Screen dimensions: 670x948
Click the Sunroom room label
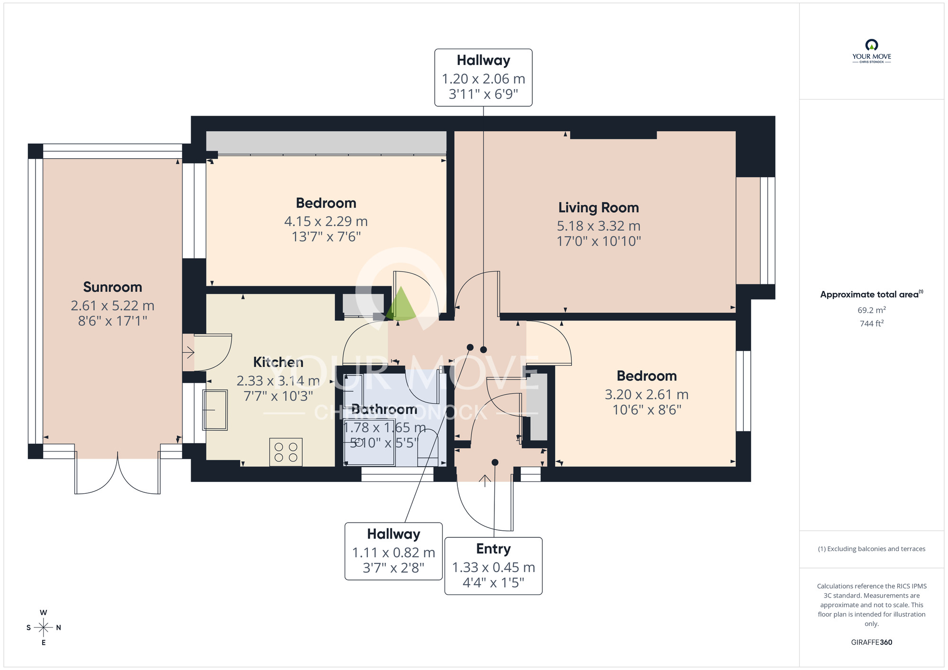pyautogui.click(x=112, y=287)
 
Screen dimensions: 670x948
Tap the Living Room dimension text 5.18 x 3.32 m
pyautogui.click(x=598, y=226)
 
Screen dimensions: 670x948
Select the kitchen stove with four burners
pyautogui.click(x=286, y=452)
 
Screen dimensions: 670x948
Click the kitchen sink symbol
pyautogui.click(x=215, y=409)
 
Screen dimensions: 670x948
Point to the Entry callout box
pyautogui.click(x=493, y=565)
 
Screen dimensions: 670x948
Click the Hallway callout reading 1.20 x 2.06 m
pyautogui.click(x=483, y=77)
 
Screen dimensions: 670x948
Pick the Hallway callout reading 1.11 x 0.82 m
pyautogui.click(x=393, y=551)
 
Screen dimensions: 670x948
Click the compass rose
pyautogui.click(x=44, y=627)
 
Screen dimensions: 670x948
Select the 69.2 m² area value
pyautogui.click(x=871, y=310)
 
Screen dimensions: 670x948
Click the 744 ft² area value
pyautogui.click(x=871, y=324)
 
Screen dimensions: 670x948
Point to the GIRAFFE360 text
pyautogui.click(x=871, y=642)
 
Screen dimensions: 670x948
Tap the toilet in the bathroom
pyautogui.click(x=428, y=448)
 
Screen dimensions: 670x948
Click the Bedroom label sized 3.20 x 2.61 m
pyautogui.click(x=647, y=376)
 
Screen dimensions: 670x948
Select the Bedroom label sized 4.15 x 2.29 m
pyautogui.click(x=326, y=203)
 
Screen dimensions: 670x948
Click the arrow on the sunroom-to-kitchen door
pyautogui.click(x=189, y=352)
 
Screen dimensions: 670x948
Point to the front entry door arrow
pyautogui.click(x=484, y=480)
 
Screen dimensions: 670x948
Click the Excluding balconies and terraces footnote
pyautogui.click(x=871, y=549)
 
